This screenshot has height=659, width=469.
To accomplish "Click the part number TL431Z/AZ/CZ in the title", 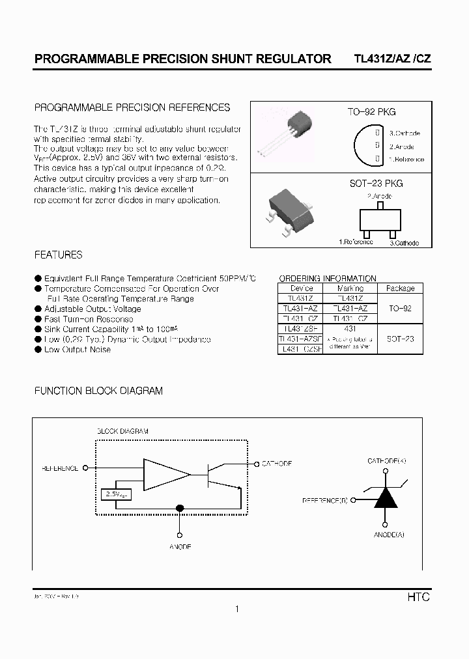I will (391, 58).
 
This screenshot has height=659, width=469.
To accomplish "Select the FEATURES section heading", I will (58, 255).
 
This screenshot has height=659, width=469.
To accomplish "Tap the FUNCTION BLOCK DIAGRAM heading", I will (98, 391).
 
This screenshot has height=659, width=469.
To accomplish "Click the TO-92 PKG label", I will (371, 112).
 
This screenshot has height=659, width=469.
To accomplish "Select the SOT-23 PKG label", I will (377, 184).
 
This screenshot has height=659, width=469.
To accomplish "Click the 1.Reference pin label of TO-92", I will (406, 159).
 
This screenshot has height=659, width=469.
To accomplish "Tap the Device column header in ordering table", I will (302, 288).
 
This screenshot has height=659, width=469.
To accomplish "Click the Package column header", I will (400, 288).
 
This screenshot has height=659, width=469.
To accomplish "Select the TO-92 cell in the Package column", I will (399, 309).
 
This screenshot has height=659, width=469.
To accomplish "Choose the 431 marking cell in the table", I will (350, 329).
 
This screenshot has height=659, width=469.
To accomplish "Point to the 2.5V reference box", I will (117, 494).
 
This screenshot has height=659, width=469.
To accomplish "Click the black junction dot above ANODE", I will (181, 507).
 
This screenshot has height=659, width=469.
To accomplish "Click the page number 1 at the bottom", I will (238, 609).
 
